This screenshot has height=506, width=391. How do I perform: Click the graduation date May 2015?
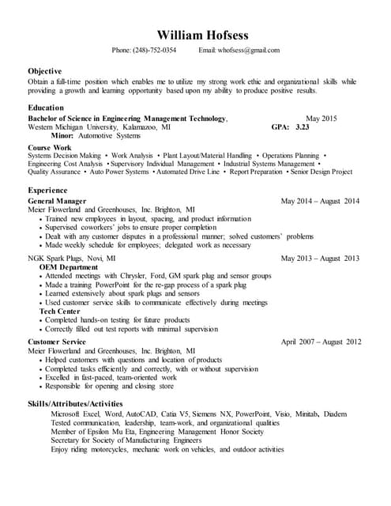point(321,119)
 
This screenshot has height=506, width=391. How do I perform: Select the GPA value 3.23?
point(302,126)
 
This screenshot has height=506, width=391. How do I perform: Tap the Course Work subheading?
point(49,147)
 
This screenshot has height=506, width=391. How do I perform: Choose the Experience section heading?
point(47,191)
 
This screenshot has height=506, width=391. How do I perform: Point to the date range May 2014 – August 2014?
point(320,201)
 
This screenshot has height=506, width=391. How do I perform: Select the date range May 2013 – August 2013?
point(320,258)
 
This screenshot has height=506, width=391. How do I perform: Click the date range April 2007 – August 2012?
point(321,342)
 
